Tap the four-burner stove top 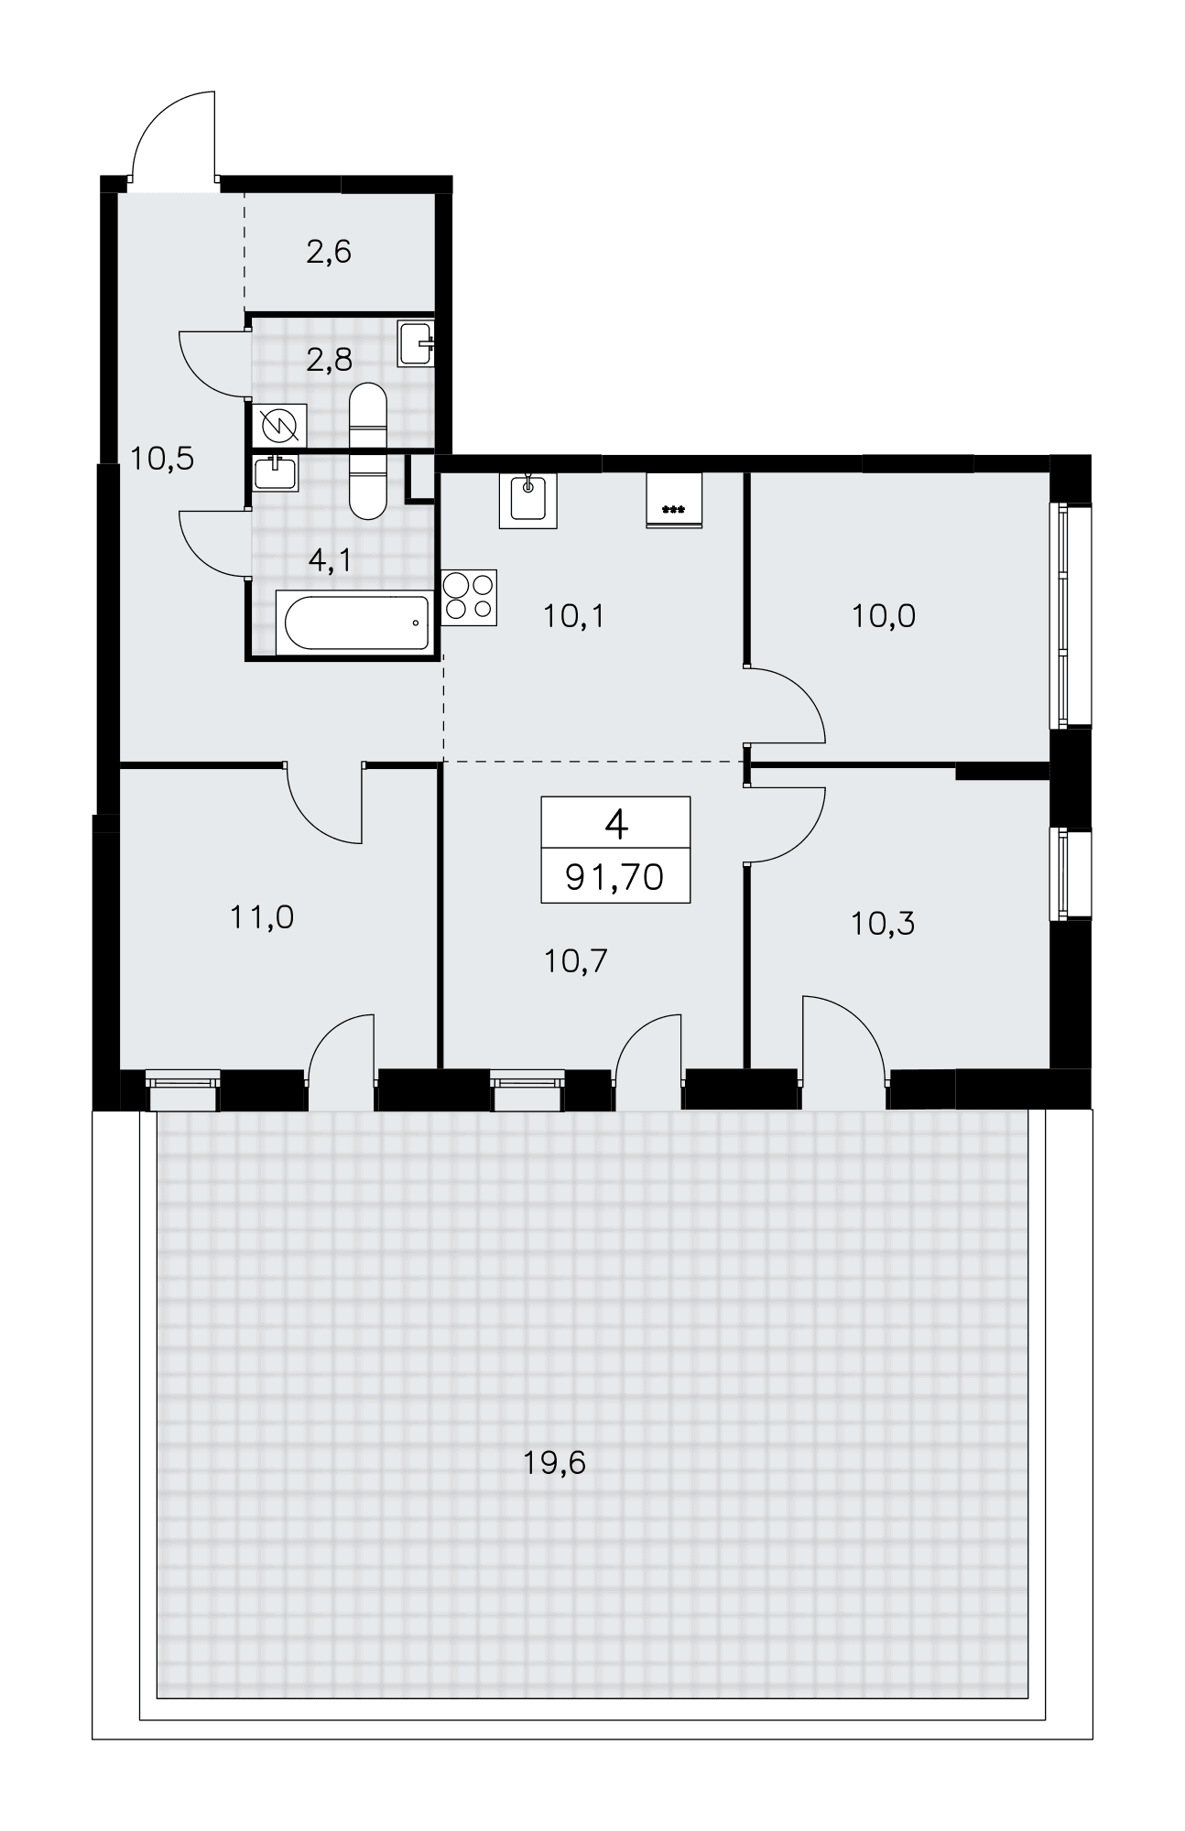[x=469, y=597]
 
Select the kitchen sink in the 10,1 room [x=527, y=501]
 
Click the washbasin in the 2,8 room [x=416, y=344]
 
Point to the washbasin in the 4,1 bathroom [x=274, y=473]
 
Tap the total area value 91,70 [x=614, y=878]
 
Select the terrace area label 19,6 [x=554, y=1463]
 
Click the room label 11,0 [x=262, y=916]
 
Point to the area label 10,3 [x=883, y=924]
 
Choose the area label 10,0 [x=883, y=616]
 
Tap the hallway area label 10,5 [x=162, y=457]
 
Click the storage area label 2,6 [x=329, y=251]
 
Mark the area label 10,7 [x=576, y=960]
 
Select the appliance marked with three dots [x=674, y=501]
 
